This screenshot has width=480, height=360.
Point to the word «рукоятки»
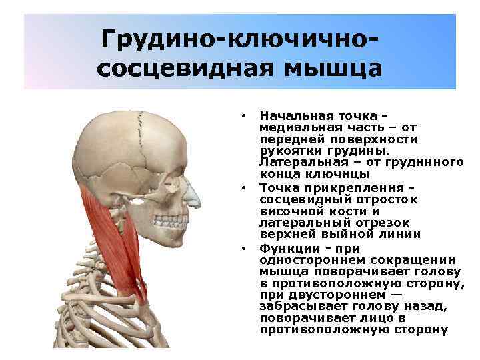(287, 150)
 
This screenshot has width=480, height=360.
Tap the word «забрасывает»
(300, 306)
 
